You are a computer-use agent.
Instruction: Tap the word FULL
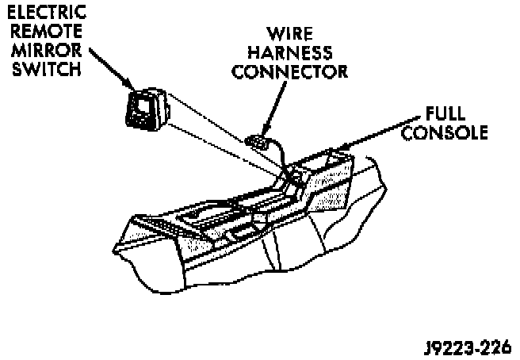(445, 114)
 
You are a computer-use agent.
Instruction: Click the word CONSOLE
(445, 132)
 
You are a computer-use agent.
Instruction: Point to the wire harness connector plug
(255, 142)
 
